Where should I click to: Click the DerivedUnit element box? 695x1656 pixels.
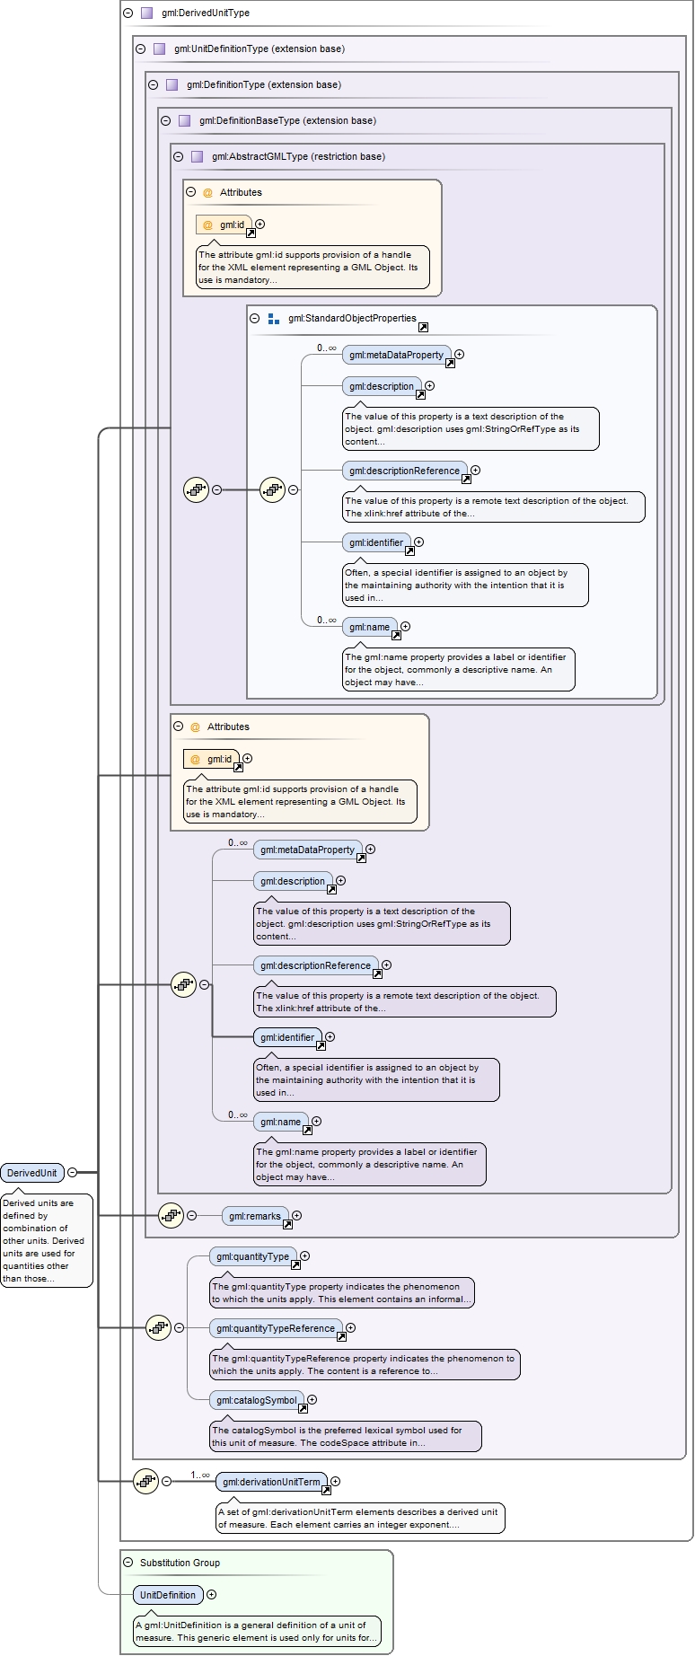coord(32,1173)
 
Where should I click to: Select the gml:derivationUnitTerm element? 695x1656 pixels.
coord(271,1482)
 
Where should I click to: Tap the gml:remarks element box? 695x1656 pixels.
coord(255,1216)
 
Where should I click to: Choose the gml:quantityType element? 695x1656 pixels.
coord(252,1256)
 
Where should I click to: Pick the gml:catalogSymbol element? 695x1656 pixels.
coord(257,1400)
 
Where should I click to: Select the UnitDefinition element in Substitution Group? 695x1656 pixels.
coord(168,1595)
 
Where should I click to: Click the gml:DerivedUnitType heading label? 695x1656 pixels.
coord(206,13)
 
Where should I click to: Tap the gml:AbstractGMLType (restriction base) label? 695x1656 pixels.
coord(298,157)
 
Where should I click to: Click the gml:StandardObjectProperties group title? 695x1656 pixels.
coord(352,319)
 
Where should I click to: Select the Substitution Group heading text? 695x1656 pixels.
coord(180,1564)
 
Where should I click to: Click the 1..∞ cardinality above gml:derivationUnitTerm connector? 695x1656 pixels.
coord(199,1475)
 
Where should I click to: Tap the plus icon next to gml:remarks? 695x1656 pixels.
coord(296,1216)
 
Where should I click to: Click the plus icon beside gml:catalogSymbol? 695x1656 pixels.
coord(312,1399)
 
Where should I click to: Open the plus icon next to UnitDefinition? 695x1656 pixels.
coord(212,1595)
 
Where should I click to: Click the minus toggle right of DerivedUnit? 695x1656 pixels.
coord(73,1172)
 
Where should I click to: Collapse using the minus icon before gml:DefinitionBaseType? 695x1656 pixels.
coord(165,120)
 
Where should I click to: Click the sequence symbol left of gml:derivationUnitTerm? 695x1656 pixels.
coord(145,1482)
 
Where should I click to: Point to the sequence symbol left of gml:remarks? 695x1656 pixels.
coord(171,1216)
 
